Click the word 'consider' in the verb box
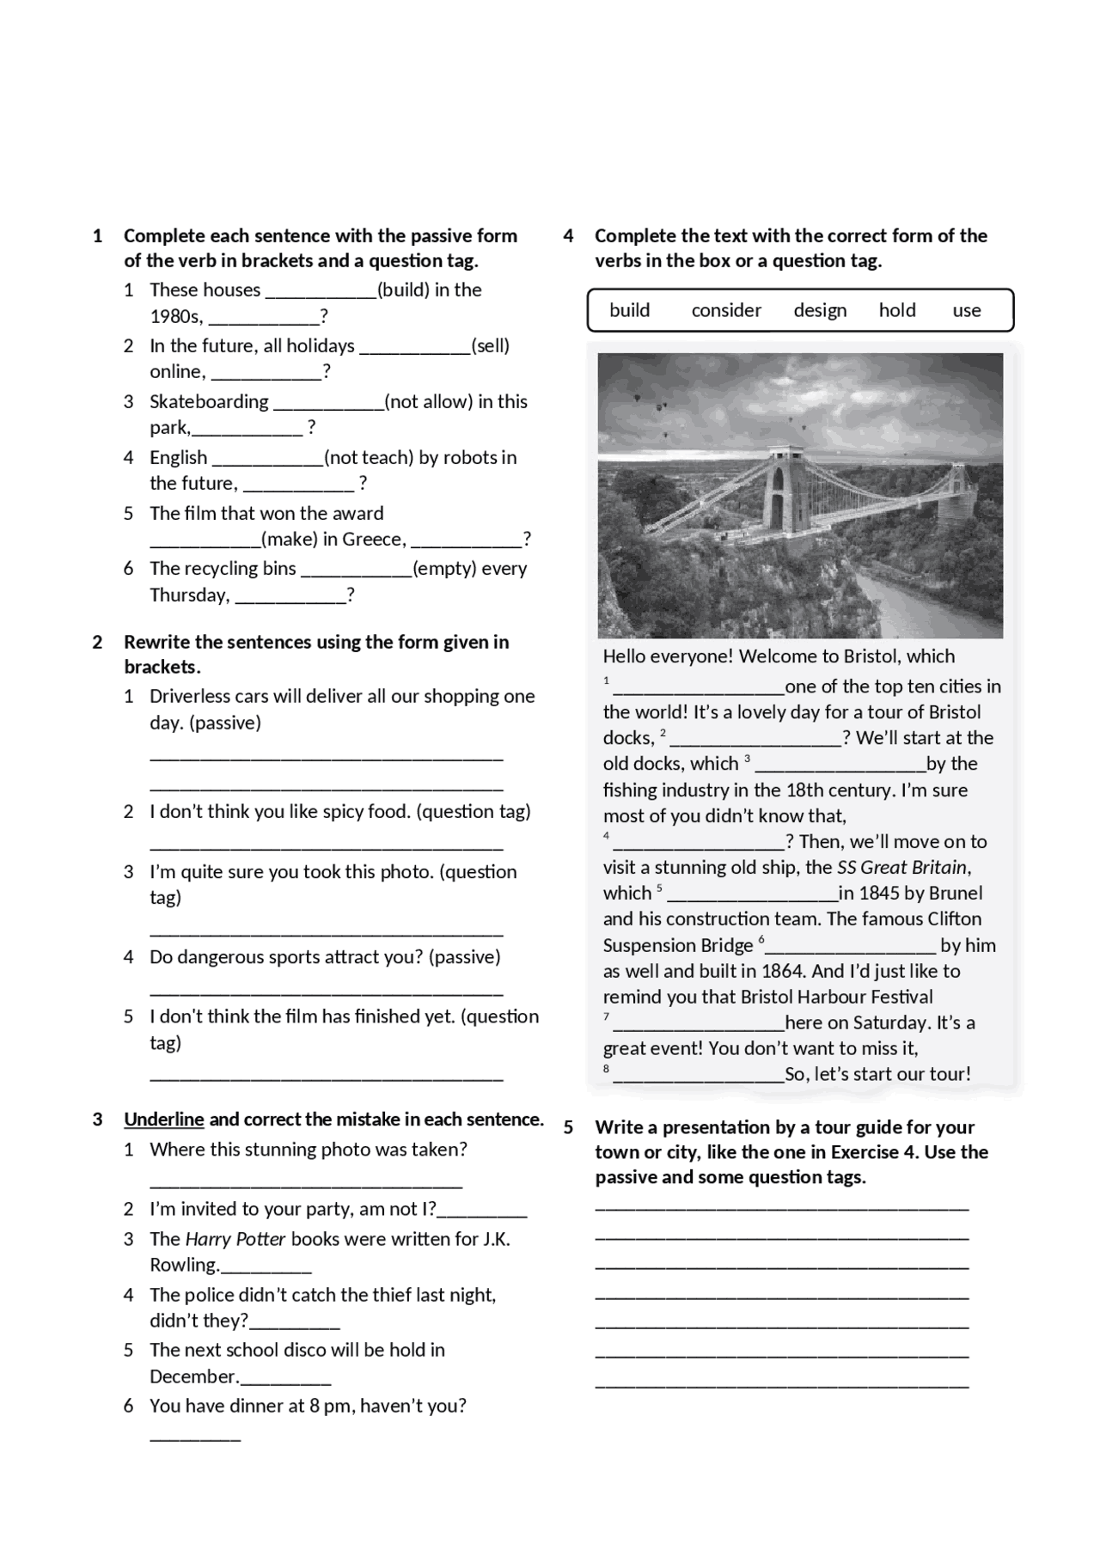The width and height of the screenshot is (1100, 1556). [726, 310]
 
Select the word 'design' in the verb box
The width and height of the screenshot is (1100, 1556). [820, 310]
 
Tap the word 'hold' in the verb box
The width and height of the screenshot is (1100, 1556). [896, 310]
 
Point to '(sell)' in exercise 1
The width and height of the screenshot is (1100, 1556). [491, 346]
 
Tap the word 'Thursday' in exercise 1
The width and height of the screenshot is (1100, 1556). [188, 595]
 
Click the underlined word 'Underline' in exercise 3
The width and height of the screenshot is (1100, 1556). [164, 1120]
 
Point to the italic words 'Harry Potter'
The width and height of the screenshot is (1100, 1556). [235, 1239]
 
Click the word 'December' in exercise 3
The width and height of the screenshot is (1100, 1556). [192, 1376]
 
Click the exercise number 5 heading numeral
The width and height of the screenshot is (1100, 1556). [568, 1127]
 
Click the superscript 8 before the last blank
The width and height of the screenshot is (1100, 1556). [606, 1069]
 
